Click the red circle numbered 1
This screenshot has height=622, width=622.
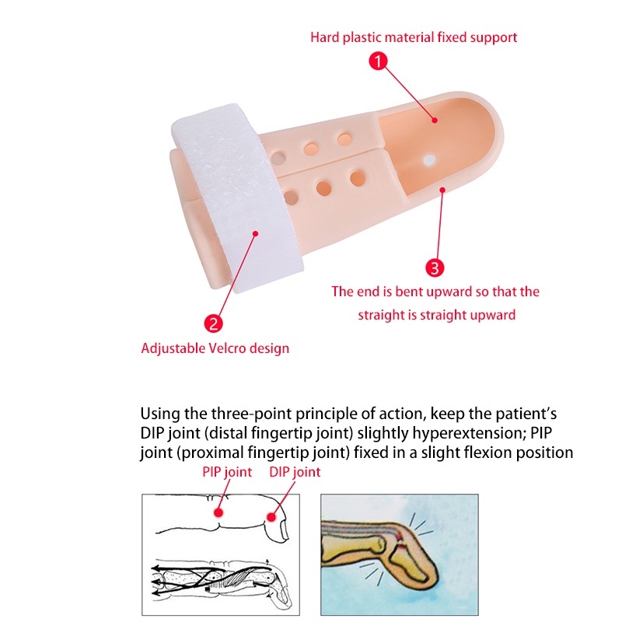click(378, 61)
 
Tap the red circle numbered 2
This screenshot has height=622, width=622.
click(213, 323)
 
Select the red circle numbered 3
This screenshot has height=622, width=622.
click(435, 267)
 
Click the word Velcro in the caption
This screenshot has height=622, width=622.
click(229, 348)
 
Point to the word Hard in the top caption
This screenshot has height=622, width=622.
click(325, 37)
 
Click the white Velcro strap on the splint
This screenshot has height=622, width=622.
click(238, 198)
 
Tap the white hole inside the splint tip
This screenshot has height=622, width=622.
click(429, 160)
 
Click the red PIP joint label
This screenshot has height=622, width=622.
click(227, 472)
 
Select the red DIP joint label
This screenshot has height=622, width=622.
click(295, 472)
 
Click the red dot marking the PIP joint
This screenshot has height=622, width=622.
click(218, 512)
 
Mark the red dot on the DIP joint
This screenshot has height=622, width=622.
click(271, 517)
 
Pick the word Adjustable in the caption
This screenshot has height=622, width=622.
click(173, 348)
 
